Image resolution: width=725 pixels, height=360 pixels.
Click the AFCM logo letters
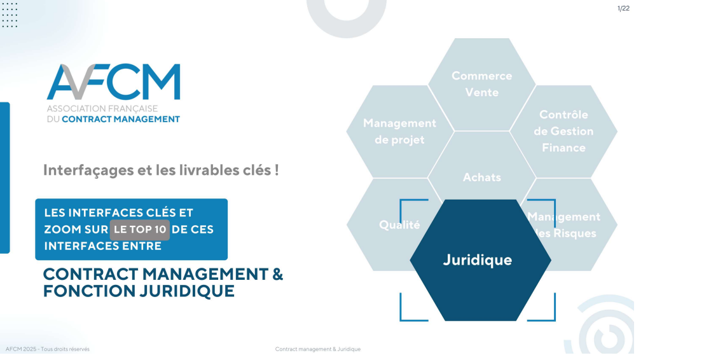(x=113, y=81)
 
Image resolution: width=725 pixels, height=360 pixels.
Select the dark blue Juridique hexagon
(x=480, y=260)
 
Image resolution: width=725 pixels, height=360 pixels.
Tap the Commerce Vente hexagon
(x=482, y=84)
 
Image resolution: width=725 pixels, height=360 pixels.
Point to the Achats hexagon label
(x=482, y=177)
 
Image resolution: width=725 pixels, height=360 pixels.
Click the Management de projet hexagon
(x=400, y=132)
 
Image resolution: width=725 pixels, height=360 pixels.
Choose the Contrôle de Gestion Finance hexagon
(x=563, y=132)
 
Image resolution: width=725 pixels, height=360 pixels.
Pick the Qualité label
(x=399, y=225)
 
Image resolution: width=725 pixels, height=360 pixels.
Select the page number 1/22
(x=623, y=8)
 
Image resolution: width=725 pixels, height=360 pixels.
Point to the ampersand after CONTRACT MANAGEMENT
(x=277, y=274)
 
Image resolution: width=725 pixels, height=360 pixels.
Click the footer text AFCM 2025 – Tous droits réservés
(x=48, y=349)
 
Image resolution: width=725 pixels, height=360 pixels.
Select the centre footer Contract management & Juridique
(x=317, y=349)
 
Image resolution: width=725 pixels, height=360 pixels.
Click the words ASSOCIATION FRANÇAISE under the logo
(x=102, y=109)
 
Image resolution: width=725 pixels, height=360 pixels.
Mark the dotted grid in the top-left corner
(x=10, y=15)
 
